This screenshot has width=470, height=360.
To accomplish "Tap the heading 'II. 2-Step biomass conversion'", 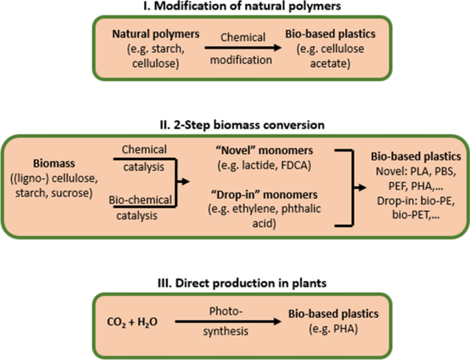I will pyautogui.click(x=235, y=125).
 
